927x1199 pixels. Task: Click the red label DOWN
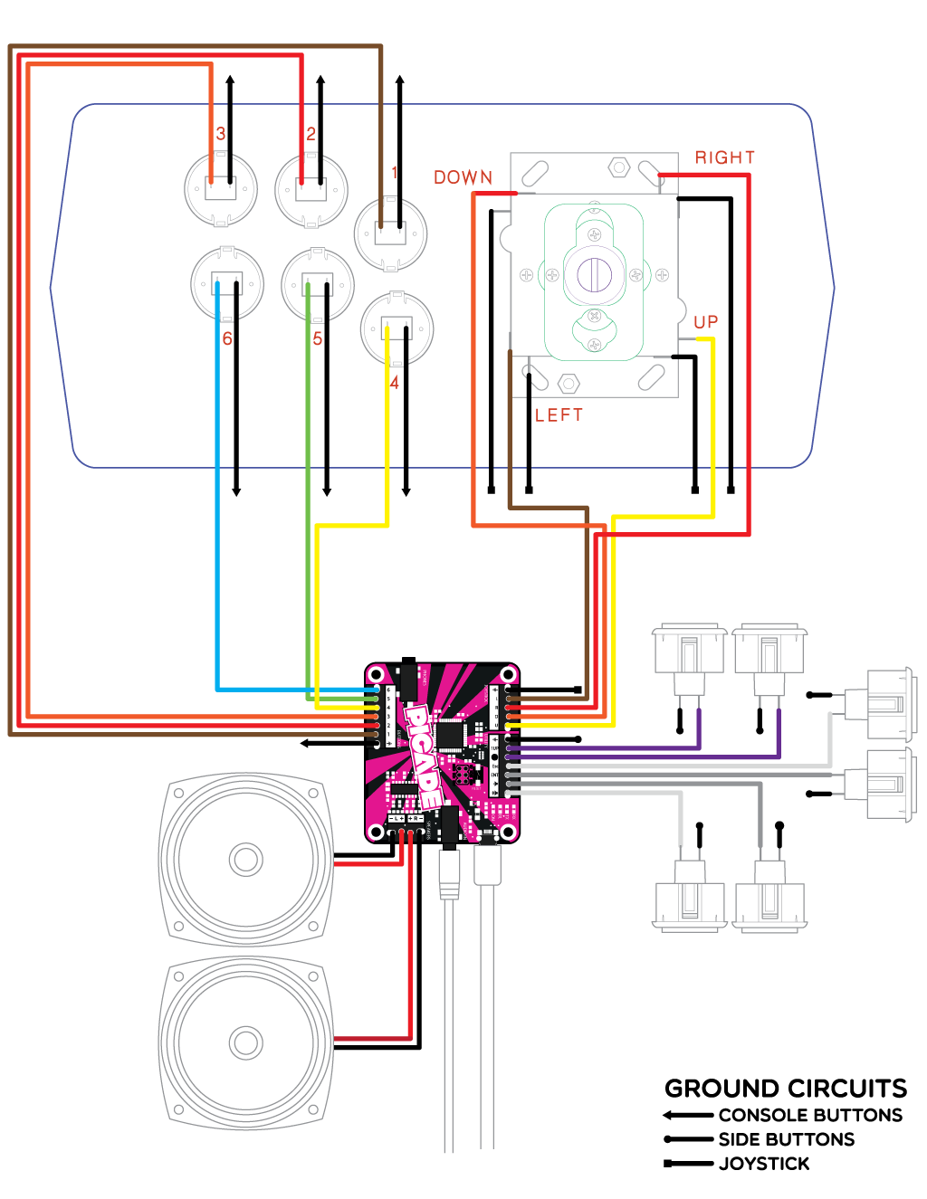(x=463, y=177)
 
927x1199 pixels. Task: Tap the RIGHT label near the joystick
(x=724, y=157)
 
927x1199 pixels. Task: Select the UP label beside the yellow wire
(x=705, y=322)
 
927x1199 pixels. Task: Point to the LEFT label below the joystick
(x=559, y=415)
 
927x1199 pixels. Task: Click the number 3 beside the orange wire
(x=220, y=134)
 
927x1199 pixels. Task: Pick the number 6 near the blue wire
(x=227, y=338)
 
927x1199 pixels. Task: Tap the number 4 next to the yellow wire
(x=394, y=383)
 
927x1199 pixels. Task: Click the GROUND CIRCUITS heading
(x=785, y=1088)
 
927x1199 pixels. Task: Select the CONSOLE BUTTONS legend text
(x=810, y=1115)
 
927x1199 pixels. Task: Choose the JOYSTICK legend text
(x=764, y=1164)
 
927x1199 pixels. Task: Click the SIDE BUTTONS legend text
(x=786, y=1139)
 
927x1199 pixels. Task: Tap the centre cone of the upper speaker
(x=245, y=859)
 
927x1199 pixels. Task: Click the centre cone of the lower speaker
(x=245, y=1042)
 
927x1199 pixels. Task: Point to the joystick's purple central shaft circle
(x=594, y=272)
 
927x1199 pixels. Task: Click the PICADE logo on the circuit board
(x=422, y=757)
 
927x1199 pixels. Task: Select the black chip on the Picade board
(x=450, y=735)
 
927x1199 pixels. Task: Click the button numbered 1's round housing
(x=390, y=233)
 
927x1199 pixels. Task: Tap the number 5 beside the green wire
(x=318, y=338)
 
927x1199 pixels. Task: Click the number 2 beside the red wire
(x=311, y=134)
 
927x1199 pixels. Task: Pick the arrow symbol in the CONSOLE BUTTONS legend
(x=688, y=1115)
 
